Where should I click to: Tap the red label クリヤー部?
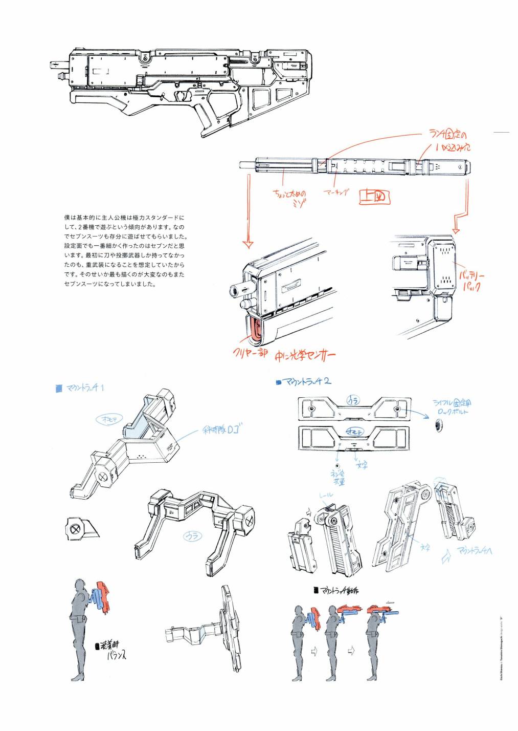tap(250, 353)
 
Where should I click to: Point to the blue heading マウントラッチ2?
tap(305, 381)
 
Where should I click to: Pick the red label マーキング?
tap(336, 192)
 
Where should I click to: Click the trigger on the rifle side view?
tap(181, 96)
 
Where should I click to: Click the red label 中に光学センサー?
tap(305, 356)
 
